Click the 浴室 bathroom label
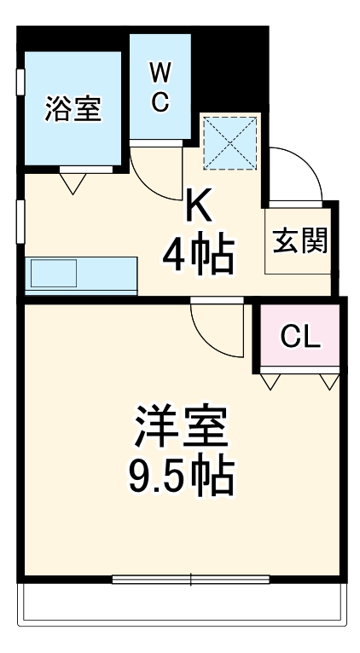tap(73, 110)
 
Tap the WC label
tap(160, 87)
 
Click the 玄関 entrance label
tap(299, 241)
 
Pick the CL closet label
tap(300, 338)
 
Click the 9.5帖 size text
tap(182, 478)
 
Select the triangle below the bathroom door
tap(73, 182)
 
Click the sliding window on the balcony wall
tap(192, 580)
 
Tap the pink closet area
tap(300, 338)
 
